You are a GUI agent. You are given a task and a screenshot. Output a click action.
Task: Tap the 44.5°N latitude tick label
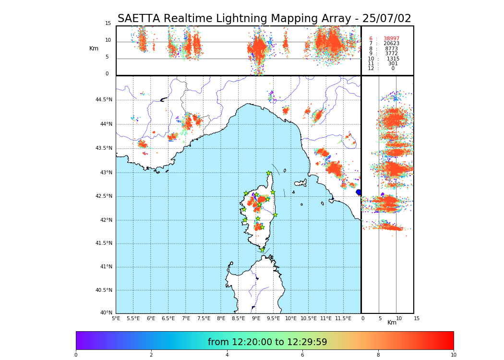[104, 100]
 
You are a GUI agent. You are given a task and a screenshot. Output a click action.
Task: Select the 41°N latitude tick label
[106, 267]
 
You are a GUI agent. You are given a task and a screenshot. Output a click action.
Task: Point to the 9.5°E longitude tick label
[273, 318]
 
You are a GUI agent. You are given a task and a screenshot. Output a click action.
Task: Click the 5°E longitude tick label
[116, 318]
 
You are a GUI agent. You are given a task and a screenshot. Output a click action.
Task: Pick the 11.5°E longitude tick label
[343, 318]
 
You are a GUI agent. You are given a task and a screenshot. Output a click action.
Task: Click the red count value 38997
[391, 39]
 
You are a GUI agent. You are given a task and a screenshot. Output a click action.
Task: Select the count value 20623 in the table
[391, 44]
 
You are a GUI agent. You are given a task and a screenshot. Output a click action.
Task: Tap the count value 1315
[393, 59]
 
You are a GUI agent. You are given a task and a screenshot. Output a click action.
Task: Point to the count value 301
[393, 64]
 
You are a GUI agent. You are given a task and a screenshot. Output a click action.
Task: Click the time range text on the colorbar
[267, 342]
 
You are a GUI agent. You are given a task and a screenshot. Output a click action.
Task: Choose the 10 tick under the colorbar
[453, 355]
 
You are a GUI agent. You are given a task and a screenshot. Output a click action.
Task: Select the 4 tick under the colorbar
[227, 355]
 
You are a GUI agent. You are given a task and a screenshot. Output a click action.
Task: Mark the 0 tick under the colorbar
[76, 355]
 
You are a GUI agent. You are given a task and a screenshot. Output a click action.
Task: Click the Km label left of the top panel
[94, 48]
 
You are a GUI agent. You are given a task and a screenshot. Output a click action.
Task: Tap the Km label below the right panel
[392, 323]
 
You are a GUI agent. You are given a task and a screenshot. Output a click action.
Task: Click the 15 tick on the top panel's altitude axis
[108, 24]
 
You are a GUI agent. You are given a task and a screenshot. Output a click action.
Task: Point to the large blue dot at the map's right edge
[359, 192]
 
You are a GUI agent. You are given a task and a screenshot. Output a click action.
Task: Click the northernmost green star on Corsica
[269, 173]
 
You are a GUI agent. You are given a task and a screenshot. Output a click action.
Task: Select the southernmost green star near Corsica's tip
[262, 250]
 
